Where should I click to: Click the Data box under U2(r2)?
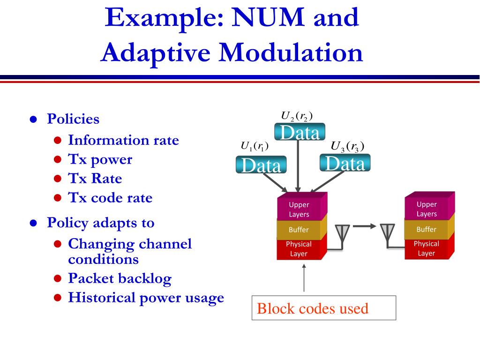[299, 132]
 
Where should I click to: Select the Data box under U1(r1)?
[261, 165]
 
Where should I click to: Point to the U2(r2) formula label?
[297, 116]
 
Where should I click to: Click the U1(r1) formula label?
[254, 146]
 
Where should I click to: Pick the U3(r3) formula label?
[347, 146]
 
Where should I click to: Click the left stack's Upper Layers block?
[299, 210]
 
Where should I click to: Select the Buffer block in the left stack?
[299, 230]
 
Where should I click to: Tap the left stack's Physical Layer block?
[299, 249]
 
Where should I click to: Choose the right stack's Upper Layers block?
[427, 209]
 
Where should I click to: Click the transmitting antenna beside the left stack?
[342, 234]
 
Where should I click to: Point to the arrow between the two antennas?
[364, 226]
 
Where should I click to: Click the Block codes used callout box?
[323, 308]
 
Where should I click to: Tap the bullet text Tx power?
[100, 159]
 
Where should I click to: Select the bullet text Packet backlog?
[120, 278]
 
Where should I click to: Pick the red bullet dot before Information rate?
[57, 140]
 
